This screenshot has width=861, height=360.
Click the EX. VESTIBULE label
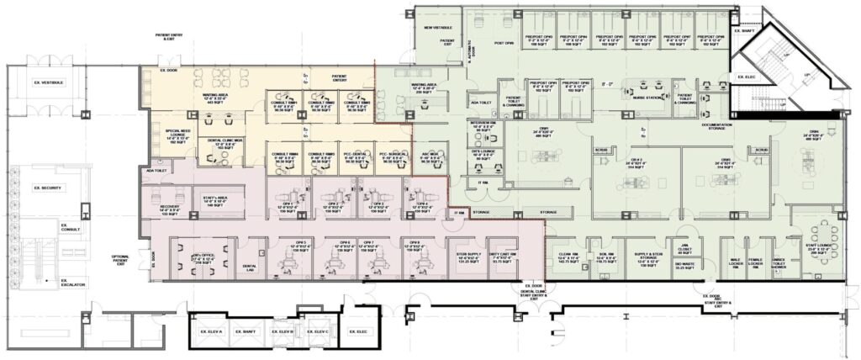(49, 82)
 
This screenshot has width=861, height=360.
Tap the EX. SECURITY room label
(49, 188)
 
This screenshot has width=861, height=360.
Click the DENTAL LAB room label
(250, 267)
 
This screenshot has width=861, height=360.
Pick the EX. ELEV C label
(320, 332)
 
